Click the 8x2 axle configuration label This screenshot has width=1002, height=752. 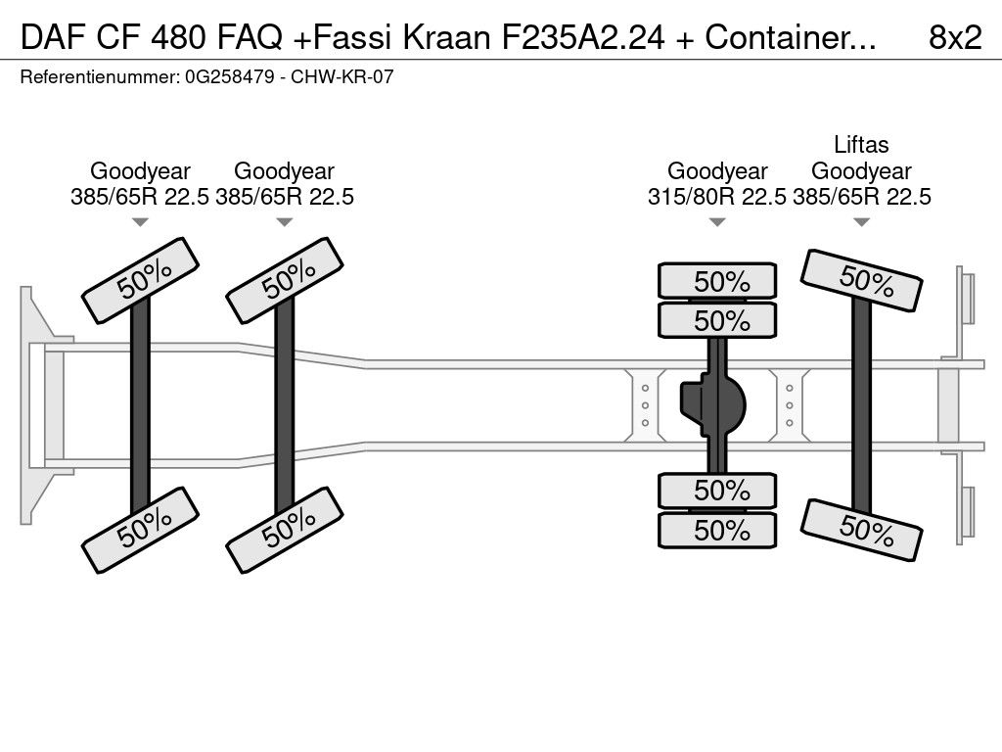pos(954,37)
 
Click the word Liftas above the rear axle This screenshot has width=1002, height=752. pos(861,145)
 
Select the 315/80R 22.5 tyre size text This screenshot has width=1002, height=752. pos(716,197)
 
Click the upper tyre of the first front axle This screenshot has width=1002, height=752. pos(140,280)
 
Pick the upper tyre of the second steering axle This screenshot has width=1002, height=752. pos(285,280)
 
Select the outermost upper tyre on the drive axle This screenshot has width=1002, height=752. pos(717,281)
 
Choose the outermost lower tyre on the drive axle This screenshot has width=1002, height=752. pos(717,530)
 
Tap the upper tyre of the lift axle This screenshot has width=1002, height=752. pos(862,280)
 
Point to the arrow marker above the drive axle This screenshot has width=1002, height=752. pos(717,222)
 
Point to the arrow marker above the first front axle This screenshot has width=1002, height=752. pos(140,222)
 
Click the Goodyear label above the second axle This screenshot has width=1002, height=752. pos(285,171)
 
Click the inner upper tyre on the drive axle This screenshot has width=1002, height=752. pos(717,320)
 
